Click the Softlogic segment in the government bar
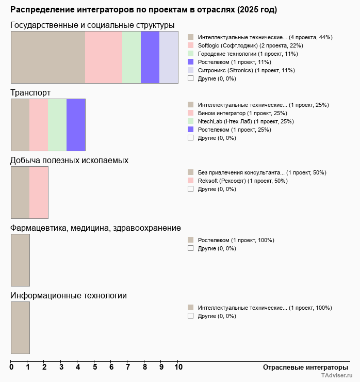(x=103, y=57)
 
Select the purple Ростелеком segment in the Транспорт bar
(x=76, y=124)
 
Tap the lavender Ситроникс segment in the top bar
(x=169, y=57)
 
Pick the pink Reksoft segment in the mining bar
(x=39, y=193)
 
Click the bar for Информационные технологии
(x=20, y=328)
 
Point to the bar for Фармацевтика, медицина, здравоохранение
(x=20, y=260)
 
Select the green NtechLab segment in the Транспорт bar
(x=57, y=124)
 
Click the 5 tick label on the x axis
(x=95, y=367)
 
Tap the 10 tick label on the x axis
(x=178, y=367)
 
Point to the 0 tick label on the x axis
(x=11, y=367)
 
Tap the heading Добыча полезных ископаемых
(x=70, y=160)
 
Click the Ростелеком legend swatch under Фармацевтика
(x=191, y=240)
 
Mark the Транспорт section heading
(x=31, y=92)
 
